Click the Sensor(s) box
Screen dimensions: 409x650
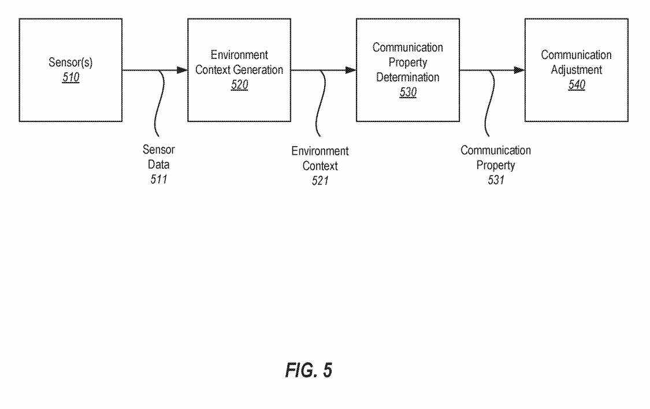coord(70,70)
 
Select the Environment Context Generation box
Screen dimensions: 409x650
coord(239,70)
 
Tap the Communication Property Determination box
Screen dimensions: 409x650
coord(407,70)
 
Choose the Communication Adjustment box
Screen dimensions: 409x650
coord(576,70)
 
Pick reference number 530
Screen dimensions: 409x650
coord(408,92)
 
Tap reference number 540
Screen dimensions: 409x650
coord(576,85)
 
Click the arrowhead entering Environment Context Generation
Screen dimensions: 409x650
coord(182,70)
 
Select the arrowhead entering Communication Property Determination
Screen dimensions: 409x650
coord(351,70)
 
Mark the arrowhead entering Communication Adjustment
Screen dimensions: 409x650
coord(519,70)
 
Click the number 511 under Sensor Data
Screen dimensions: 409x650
coord(159,179)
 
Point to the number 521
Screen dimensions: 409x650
coord(320,181)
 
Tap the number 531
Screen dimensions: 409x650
coord(495,180)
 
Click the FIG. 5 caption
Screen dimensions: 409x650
coord(309,370)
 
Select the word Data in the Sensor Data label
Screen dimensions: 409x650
coord(159,165)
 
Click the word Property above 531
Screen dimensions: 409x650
coord(495,165)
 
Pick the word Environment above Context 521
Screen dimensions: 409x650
coord(320,151)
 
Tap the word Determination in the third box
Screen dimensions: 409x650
coord(408,77)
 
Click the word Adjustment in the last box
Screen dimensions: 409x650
coord(576,70)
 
